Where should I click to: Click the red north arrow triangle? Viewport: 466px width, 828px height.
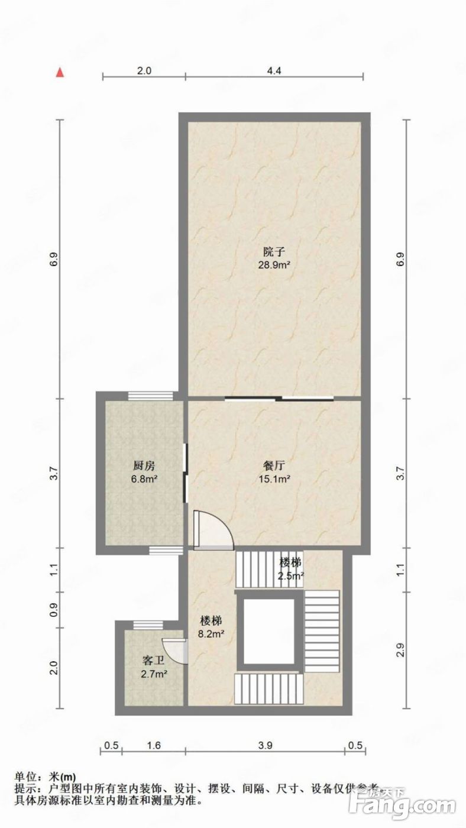click(60, 72)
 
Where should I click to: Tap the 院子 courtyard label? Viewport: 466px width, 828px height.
click(274, 252)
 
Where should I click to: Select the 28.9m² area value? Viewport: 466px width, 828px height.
click(274, 265)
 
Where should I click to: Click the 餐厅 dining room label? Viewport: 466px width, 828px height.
click(274, 465)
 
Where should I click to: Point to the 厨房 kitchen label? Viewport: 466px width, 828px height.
click(144, 465)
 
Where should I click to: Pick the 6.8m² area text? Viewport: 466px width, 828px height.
click(144, 479)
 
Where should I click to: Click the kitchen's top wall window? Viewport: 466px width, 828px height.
click(150, 396)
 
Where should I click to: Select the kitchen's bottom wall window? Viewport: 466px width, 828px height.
click(166, 551)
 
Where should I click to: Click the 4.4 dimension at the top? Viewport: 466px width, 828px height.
click(274, 70)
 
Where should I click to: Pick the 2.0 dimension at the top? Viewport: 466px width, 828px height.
click(144, 70)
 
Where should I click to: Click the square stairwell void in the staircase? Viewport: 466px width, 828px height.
click(268, 632)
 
